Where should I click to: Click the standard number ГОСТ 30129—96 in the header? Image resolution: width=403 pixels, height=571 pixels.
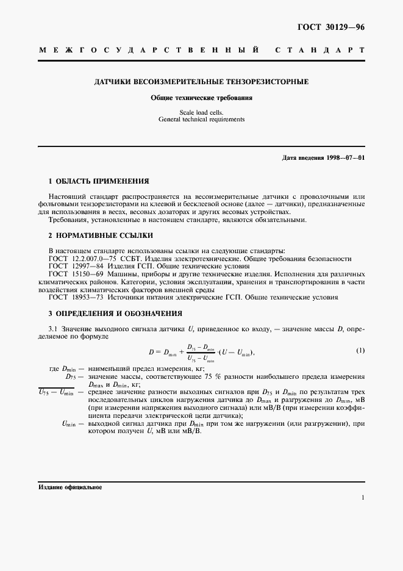330,27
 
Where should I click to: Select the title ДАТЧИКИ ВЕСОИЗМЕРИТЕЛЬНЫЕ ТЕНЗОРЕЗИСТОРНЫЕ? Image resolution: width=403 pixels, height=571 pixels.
201,81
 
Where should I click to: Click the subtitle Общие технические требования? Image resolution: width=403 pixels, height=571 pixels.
201,97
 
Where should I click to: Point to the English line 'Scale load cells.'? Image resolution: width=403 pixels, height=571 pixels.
201,112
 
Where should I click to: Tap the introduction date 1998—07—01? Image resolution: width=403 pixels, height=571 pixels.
345,158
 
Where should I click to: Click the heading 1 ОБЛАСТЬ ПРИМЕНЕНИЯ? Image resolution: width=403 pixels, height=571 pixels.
99,181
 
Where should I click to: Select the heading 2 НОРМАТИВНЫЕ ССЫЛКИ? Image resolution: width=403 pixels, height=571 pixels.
101,235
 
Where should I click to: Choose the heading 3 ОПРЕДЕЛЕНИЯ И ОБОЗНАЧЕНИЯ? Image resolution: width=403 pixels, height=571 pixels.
115,313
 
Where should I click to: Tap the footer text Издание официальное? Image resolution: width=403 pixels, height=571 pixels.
70,487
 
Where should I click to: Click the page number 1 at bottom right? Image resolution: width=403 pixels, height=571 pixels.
363,498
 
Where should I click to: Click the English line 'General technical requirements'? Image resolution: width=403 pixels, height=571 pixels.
201,120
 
